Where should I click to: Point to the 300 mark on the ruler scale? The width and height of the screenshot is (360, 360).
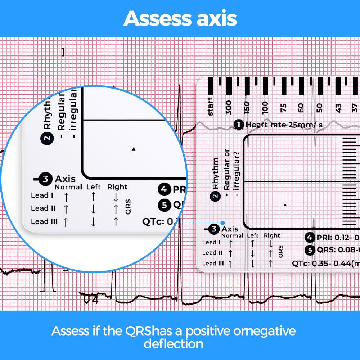coord(229,107)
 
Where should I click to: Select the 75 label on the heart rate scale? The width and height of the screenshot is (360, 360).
coord(283,107)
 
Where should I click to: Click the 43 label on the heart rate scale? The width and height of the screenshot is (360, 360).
coord(339,107)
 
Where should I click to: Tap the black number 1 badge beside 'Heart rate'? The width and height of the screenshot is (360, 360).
coord(238,125)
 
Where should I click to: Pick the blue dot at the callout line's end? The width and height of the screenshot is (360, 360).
coord(223,223)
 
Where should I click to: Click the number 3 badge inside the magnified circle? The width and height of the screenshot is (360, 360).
coord(45,179)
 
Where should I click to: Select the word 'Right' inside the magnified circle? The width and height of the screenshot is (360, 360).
coord(117,187)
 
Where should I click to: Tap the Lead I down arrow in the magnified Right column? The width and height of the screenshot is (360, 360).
coord(116,197)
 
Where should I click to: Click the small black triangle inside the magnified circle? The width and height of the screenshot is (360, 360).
coord(134,149)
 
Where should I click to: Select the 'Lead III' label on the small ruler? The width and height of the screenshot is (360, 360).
coord(213,264)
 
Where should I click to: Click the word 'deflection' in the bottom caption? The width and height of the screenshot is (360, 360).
coord(173,344)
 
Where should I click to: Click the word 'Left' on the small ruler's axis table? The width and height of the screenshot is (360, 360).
coord(253,235)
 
